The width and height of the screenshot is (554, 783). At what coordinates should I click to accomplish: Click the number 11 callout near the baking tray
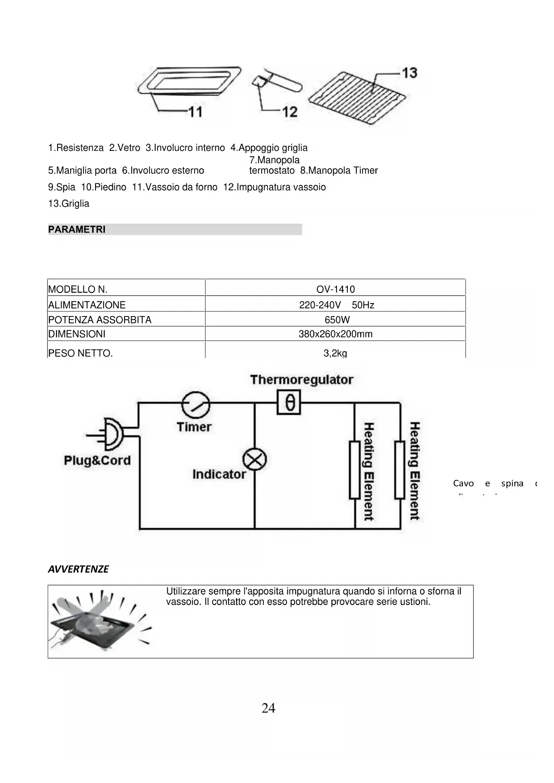tap(195, 111)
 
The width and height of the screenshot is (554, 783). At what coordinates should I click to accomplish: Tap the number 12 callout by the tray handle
tap(290, 111)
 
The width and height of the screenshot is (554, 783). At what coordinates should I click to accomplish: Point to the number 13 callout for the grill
tap(409, 73)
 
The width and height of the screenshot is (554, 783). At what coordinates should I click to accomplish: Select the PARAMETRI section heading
tap(77, 229)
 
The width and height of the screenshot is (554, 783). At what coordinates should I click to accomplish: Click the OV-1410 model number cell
tap(335, 289)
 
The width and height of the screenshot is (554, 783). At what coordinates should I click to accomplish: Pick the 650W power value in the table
tap(337, 320)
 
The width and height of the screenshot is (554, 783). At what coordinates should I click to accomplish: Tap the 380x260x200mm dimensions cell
tap(335, 334)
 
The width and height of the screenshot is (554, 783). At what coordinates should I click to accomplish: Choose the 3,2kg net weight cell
tap(335, 353)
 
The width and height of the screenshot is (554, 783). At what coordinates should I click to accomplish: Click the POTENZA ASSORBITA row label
tap(100, 320)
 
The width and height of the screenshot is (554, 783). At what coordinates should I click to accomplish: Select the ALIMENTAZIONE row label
tap(87, 305)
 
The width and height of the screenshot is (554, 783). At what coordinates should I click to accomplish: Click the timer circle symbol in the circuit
tap(196, 405)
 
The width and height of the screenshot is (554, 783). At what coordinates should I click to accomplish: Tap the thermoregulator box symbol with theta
tap(289, 403)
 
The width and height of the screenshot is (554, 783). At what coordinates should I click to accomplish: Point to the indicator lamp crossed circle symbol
tap(254, 460)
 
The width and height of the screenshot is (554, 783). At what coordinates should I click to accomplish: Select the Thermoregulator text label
tap(302, 380)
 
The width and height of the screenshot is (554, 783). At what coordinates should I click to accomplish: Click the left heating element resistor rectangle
tap(354, 470)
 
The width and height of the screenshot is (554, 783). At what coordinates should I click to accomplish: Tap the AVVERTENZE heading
tap(78, 569)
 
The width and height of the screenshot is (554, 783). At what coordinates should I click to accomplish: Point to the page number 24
tap(268, 708)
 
